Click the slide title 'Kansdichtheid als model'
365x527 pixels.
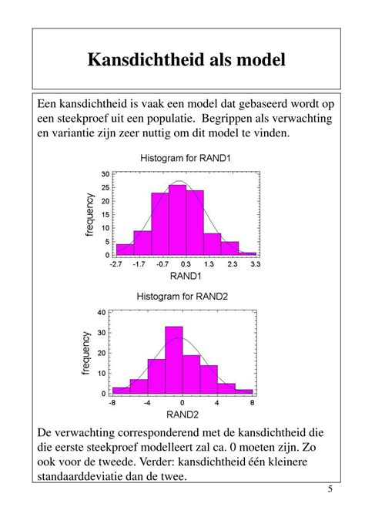click(186, 59)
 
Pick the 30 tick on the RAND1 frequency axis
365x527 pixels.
click(105, 174)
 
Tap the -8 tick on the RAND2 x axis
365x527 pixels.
click(112, 402)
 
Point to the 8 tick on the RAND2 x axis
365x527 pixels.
click(253, 402)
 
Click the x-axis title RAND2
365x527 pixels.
click(182, 415)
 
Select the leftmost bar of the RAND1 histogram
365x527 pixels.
click(125, 248)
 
